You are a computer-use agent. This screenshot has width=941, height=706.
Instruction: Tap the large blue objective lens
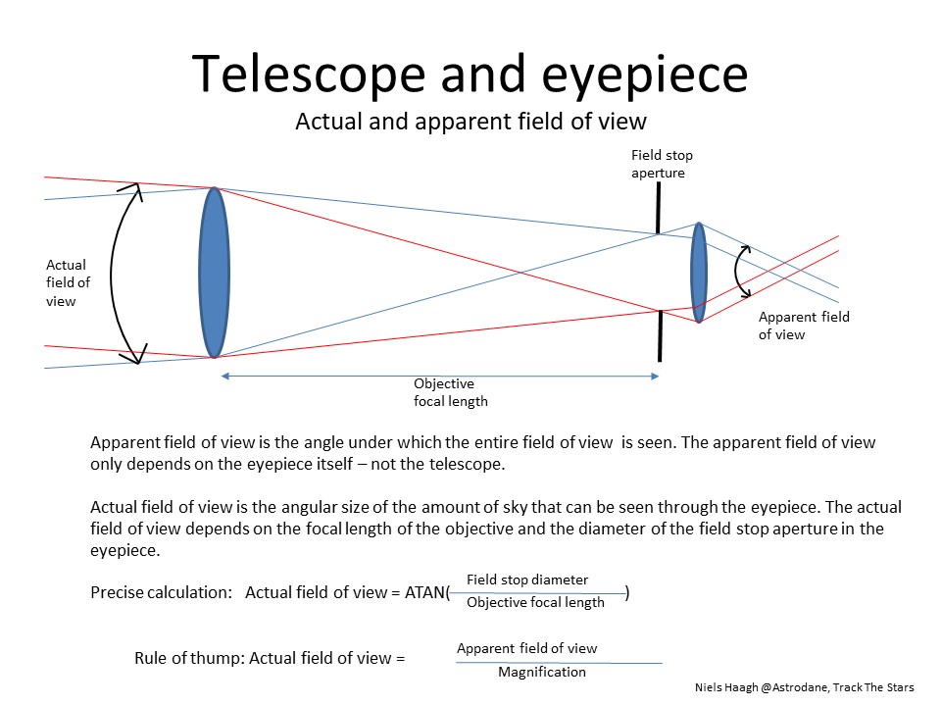point(214,272)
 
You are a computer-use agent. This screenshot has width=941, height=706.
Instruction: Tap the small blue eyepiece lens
point(699,272)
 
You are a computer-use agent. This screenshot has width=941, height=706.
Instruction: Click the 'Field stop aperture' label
point(662,164)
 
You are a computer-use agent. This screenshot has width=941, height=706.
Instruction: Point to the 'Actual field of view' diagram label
point(68,282)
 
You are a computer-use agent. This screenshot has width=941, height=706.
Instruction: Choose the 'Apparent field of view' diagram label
point(804,326)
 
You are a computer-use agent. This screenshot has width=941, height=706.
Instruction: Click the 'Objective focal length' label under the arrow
point(450,392)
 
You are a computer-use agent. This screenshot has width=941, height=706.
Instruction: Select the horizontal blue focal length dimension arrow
point(440,376)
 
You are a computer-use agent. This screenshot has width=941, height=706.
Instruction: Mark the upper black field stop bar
point(658,209)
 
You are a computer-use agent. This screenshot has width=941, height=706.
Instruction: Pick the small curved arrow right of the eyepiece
point(743,271)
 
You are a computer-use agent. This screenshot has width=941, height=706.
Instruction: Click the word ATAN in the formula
point(423,592)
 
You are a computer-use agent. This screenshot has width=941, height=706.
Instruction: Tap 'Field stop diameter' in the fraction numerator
point(527,580)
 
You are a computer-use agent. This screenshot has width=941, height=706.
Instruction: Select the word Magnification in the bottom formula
point(542,672)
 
